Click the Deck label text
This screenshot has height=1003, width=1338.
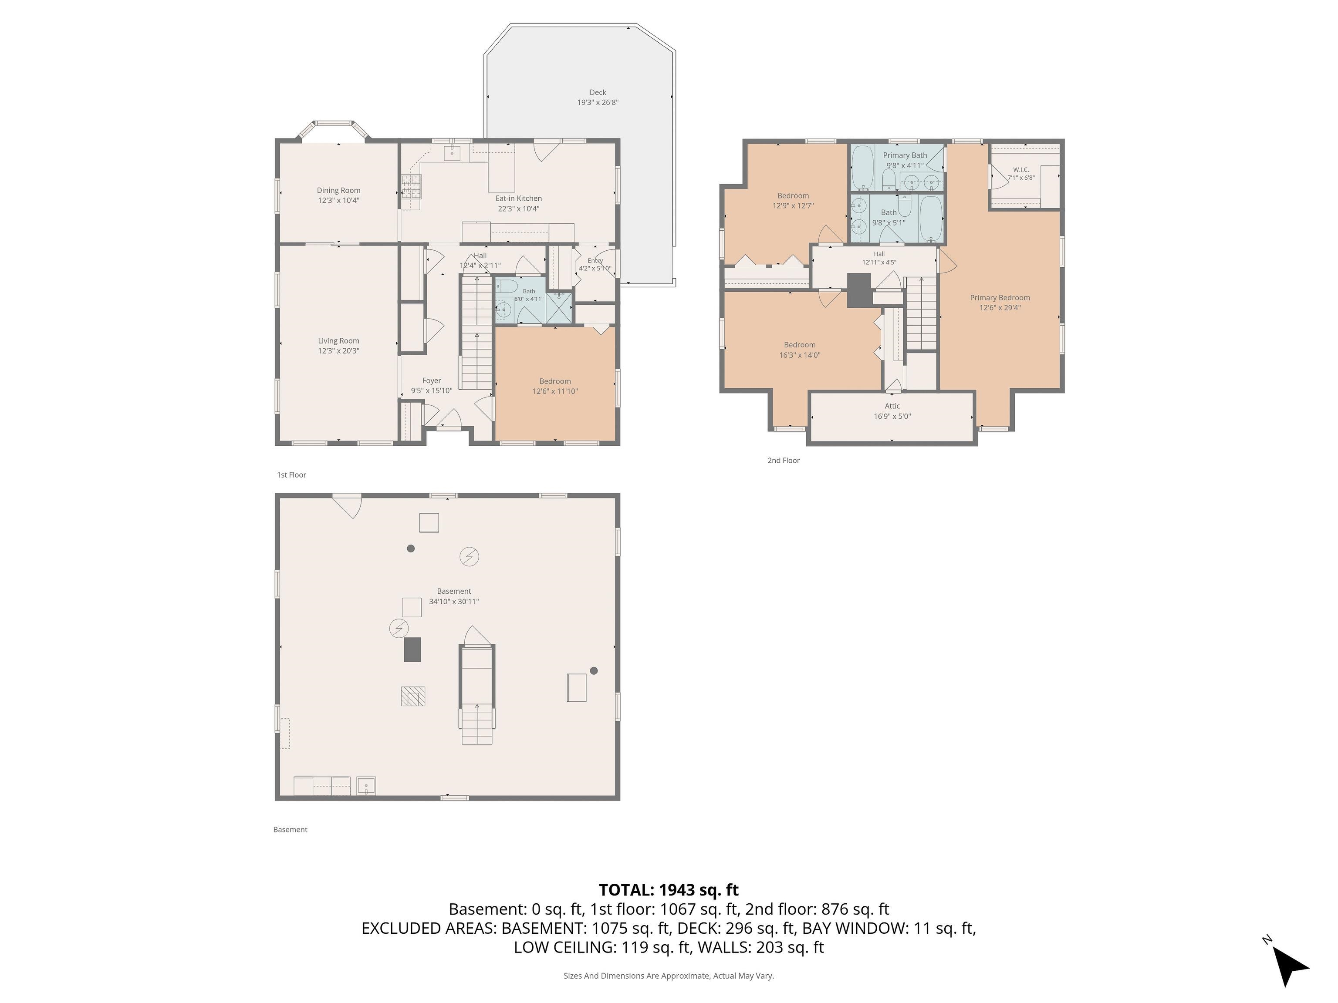click(598, 92)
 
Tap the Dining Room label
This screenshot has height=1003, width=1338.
click(339, 190)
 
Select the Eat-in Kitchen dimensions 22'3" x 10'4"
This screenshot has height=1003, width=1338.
click(518, 209)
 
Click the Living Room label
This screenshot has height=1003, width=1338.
click(339, 341)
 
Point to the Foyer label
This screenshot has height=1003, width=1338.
click(432, 381)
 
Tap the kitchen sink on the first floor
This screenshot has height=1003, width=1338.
click(453, 153)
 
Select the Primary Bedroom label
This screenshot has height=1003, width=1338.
click(1000, 297)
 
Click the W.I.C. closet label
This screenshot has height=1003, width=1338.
click(1021, 170)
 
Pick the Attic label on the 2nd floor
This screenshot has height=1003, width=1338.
click(892, 406)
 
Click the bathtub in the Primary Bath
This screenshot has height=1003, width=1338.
click(862, 168)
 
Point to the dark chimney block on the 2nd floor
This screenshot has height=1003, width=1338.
click(859, 291)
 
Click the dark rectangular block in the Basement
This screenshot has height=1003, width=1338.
click(412, 650)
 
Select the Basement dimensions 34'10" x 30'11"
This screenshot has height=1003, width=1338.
click(454, 602)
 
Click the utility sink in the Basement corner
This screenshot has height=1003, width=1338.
click(366, 786)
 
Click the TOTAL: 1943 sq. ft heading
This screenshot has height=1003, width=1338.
click(669, 890)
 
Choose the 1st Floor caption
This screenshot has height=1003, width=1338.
click(291, 475)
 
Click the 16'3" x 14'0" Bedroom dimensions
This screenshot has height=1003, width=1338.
click(800, 356)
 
